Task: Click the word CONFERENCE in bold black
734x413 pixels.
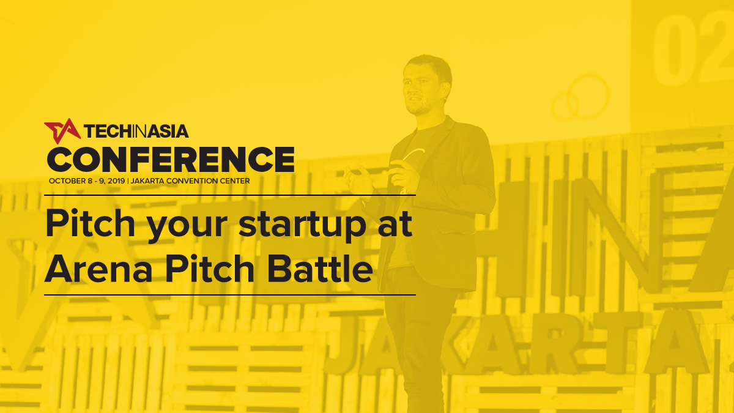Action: tap(171, 160)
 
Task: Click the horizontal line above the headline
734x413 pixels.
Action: tap(230, 195)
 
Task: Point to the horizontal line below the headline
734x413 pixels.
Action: tap(230, 295)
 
